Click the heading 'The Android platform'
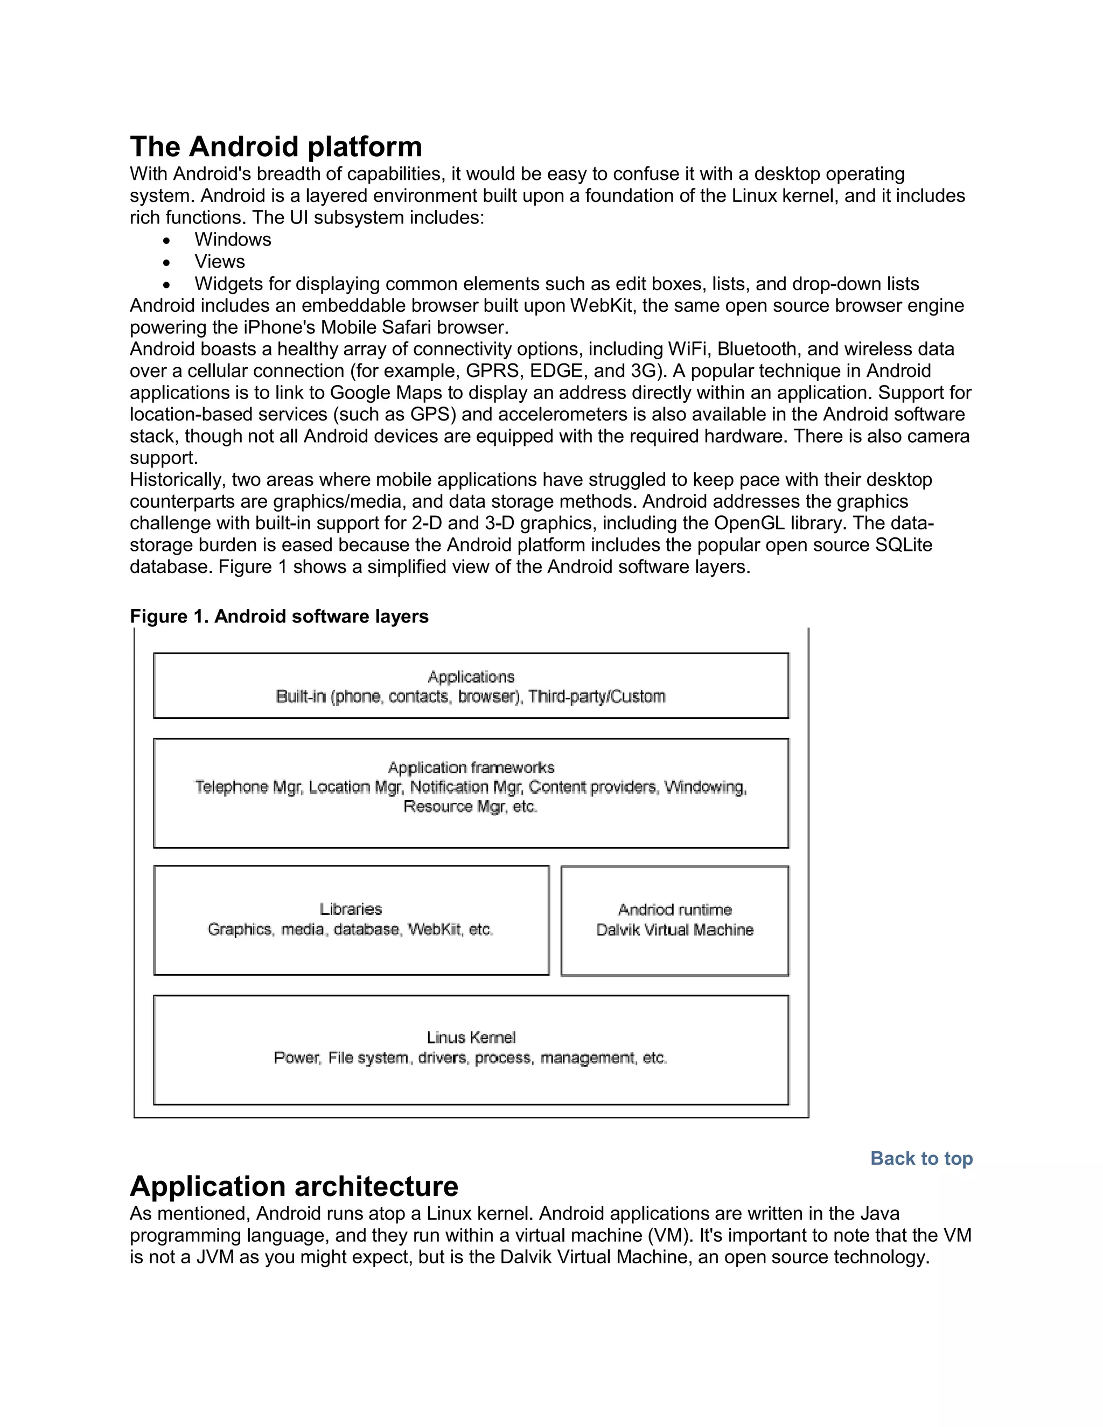[276, 147]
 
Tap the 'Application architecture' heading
[294, 1186]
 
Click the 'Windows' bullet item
[233, 240]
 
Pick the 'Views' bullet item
[220, 262]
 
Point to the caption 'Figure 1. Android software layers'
[279, 617]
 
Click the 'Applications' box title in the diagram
[471, 677]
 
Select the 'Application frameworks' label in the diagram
[471, 768]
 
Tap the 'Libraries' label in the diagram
[351, 909]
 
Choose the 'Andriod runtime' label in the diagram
[675, 910]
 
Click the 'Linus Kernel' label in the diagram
[471, 1038]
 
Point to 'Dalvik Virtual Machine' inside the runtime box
[675, 930]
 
